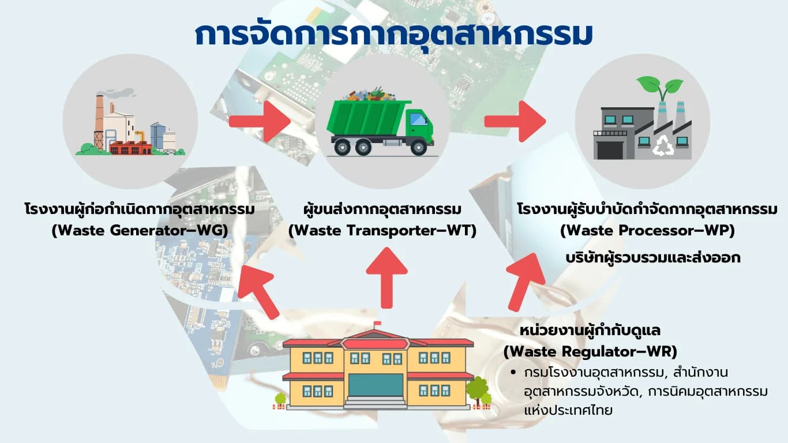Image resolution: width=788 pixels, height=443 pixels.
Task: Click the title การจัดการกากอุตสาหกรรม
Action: (393, 35)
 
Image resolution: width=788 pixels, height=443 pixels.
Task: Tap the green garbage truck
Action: (380, 121)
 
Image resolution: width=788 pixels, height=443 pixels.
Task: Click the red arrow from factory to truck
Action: (260, 121)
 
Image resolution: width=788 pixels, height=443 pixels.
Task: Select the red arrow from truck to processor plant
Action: (515, 121)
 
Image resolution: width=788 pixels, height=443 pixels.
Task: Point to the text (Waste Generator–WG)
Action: (140, 231)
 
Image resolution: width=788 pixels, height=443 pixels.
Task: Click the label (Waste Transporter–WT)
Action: (382, 231)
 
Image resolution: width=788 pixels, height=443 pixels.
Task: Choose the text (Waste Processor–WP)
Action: (647, 231)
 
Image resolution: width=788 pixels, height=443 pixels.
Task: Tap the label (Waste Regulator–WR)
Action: (590, 351)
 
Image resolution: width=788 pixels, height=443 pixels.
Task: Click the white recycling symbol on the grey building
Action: (663, 146)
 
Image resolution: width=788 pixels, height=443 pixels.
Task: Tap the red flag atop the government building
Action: (377, 323)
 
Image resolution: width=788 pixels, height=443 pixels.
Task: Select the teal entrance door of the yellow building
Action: (376, 385)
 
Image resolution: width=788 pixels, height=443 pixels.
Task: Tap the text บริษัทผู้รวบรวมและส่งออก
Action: (653, 258)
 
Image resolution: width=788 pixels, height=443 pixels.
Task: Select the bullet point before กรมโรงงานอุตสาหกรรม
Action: (515, 372)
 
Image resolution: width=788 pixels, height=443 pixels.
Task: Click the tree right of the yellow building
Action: (478, 391)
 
